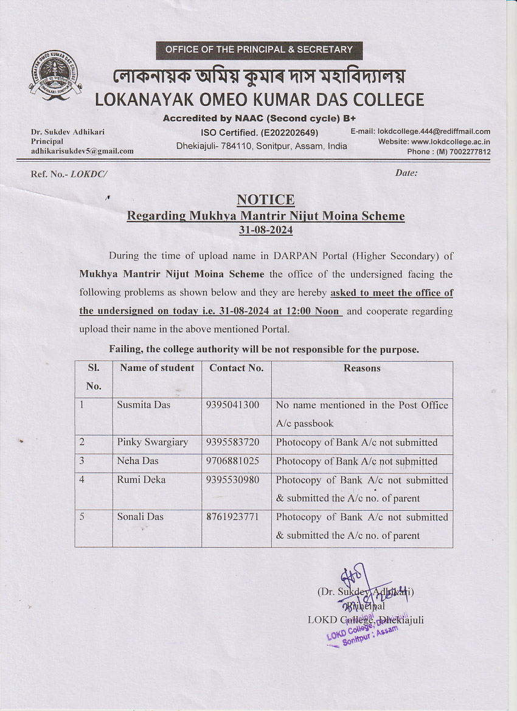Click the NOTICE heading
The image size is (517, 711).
point(265,199)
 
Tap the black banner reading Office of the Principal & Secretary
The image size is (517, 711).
point(258,49)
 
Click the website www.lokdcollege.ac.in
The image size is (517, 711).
point(451,142)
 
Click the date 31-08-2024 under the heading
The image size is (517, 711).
point(265,231)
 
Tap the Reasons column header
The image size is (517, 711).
point(362,368)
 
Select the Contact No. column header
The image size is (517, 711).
point(236,368)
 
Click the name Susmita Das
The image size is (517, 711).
point(144,405)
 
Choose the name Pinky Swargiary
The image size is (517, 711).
point(152,442)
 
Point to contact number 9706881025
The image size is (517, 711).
point(232,461)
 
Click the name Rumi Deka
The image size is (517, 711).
point(141,480)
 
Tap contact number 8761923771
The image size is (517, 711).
point(232,517)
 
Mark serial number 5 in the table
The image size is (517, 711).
point(82,517)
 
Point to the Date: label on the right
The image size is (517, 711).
point(406,173)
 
